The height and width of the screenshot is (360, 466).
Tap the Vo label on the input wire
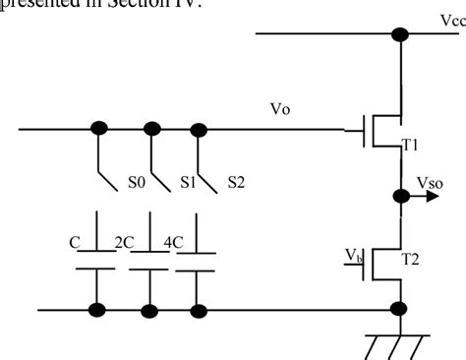tap(279, 109)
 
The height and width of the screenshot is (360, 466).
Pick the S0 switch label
tap(135, 182)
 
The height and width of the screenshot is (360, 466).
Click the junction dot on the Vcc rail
tap(399, 34)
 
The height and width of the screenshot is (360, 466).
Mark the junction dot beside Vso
tap(399, 195)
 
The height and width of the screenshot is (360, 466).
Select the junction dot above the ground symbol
tap(399, 311)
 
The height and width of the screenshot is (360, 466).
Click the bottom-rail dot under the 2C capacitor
tap(149, 311)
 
